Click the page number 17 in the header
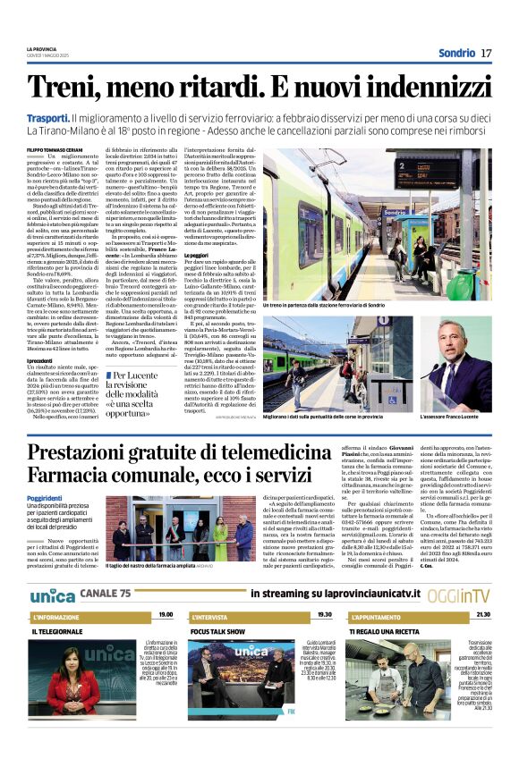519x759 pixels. pyautogui.click(x=486, y=53)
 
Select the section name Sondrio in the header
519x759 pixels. pyautogui.click(x=456, y=53)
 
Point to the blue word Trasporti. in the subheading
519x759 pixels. pyautogui.click(x=48, y=118)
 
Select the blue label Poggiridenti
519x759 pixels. pyautogui.click(x=45, y=497)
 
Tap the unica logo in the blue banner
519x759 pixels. pyautogui.click(x=51, y=595)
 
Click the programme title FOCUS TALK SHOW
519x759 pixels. pyautogui.click(x=217, y=631)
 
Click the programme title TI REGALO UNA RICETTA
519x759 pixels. pyautogui.click(x=390, y=631)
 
